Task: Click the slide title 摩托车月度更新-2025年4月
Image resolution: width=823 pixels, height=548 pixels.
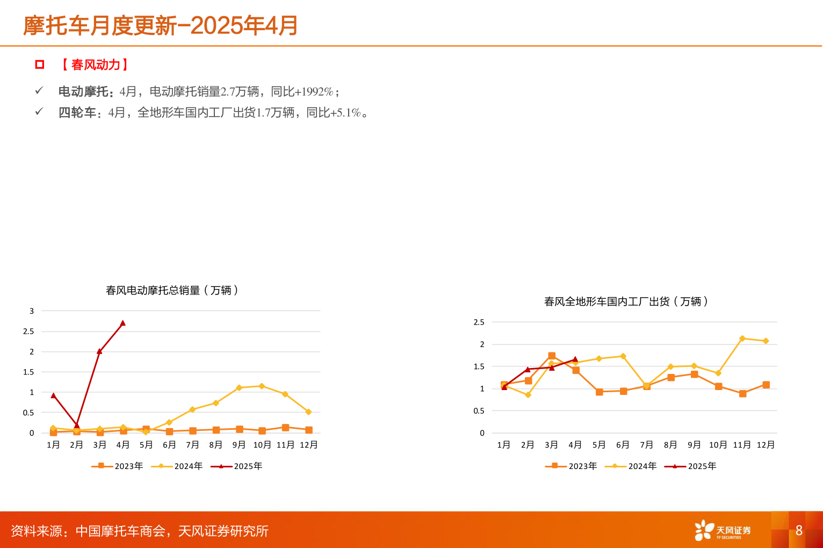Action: (x=160, y=25)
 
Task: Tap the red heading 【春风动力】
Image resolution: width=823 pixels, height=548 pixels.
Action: (x=95, y=65)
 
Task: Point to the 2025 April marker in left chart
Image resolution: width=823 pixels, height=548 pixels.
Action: (x=123, y=323)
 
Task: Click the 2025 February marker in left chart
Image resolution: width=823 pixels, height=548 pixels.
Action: (x=76, y=425)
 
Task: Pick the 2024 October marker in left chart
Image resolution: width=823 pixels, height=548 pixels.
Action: (x=262, y=386)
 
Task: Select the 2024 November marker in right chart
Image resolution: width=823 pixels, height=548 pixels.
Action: (x=742, y=338)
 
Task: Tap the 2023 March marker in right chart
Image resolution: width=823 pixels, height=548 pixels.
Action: (x=552, y=356)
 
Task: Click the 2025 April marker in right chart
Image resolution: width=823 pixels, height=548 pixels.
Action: (x=575, y=359)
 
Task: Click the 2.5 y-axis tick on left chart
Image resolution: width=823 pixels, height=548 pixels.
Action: (x=28, y=331)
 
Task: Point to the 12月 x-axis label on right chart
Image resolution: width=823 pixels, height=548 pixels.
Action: (x=766, y=445)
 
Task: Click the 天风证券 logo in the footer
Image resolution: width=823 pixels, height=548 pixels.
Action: (x=723, y=530)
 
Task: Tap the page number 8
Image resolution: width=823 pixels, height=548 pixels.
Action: (x=799, y=530)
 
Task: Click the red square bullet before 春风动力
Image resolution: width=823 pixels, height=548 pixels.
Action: (x=39, y=65)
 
